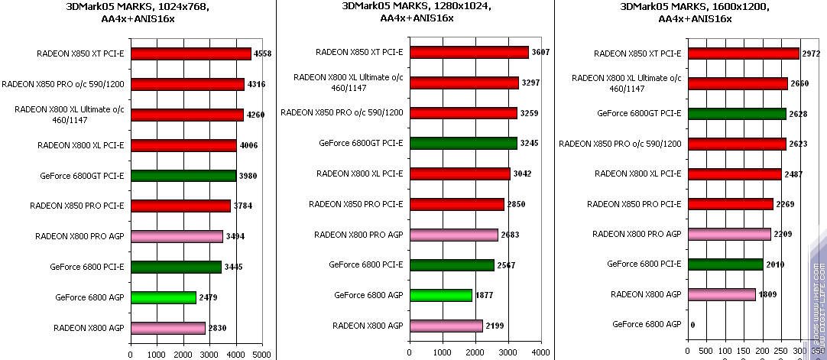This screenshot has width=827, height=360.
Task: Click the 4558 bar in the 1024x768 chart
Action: click(x=191, y=54)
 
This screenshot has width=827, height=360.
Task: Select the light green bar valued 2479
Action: click(x=164, y=297)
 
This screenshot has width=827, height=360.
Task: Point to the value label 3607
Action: click(x=541, y=52)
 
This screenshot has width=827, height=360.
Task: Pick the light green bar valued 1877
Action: click(x=441, y=295)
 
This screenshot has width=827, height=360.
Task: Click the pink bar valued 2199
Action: click(x=446, y=326)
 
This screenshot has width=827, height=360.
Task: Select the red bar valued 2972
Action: click(x=744, y=54)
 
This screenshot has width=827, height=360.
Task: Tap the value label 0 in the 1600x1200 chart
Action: click(x=692, y=325)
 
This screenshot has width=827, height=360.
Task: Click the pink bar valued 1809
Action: click(x=722, y=294)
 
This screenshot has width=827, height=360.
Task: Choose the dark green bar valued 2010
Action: click(x=725, y=264)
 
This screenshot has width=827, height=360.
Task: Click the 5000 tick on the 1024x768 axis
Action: click(x=261, y=354)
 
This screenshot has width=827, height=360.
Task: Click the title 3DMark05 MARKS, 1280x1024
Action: click(x=417, y=6)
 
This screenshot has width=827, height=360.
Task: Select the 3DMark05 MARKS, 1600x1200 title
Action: click(x=694, y=6)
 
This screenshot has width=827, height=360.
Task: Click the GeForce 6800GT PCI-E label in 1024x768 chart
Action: click(x=82, y=176)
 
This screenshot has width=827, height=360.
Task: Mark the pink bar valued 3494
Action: click(x=177, y=237)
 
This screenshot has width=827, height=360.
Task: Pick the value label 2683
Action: click(x=511, y=235)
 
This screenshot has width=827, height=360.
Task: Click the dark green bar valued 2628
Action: click(x=737, y=114)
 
